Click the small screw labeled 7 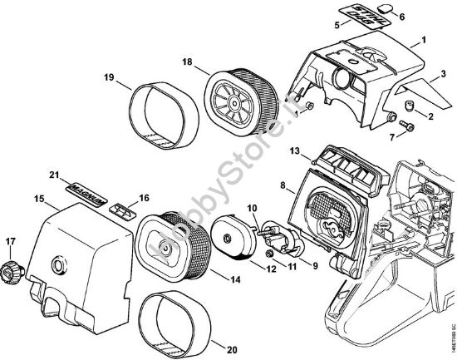pyautogui.click(x=407, y=126)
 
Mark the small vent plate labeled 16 pyautogui.click(x=124, y=209)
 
